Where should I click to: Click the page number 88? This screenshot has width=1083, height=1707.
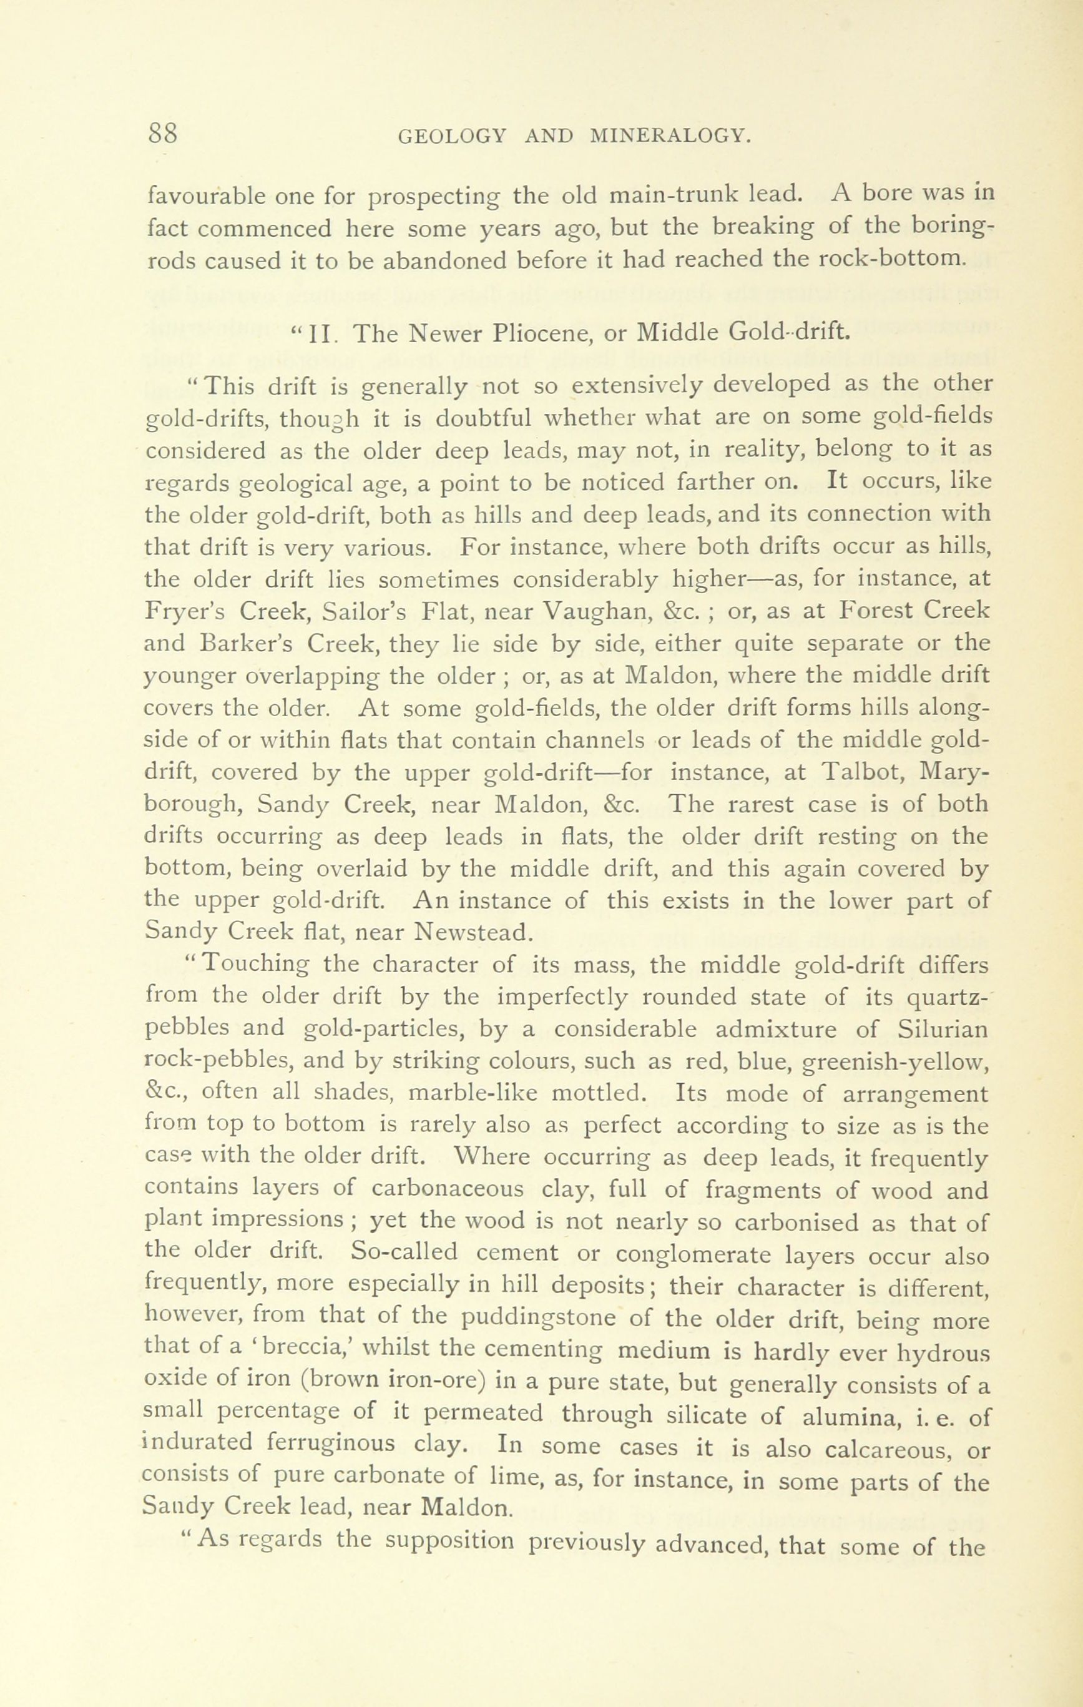click(x=162, y=132)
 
